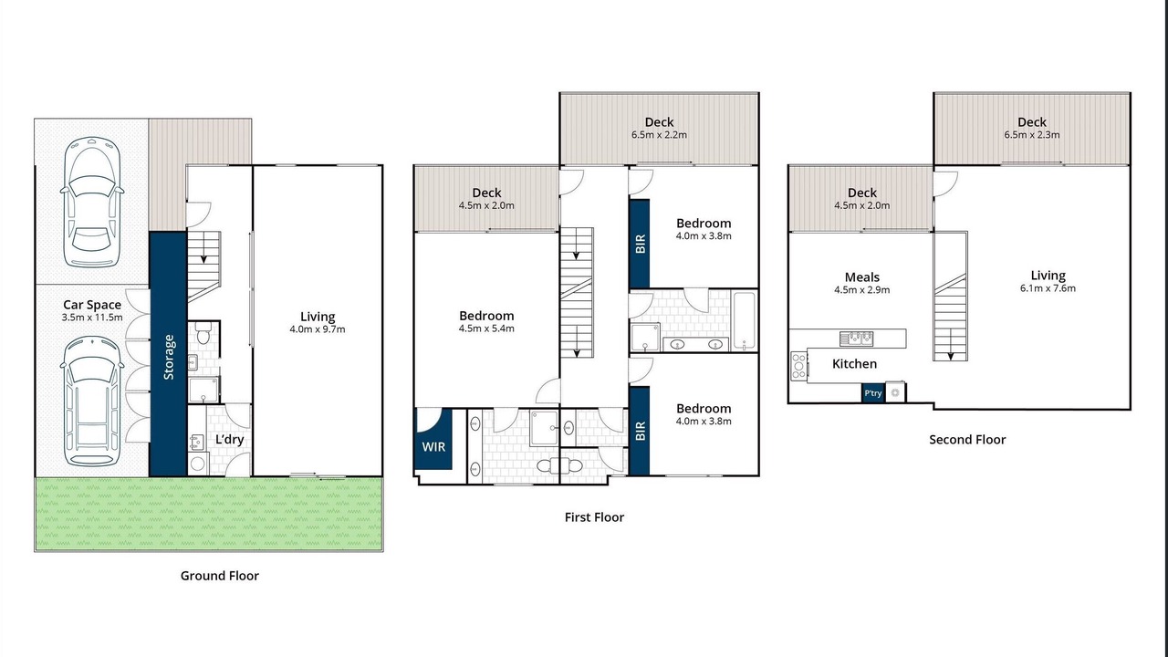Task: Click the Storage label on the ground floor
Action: [169, 357]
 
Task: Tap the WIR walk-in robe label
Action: [433, 447]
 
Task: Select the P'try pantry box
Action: [873, 393]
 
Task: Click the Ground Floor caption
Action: [220, 576]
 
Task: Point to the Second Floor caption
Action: [967, 440]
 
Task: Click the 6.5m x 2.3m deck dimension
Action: [1032, 134]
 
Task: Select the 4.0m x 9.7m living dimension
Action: [317, 329]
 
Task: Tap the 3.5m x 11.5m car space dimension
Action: [92, 317]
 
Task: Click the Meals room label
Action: [862, 276]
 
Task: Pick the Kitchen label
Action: [854, 364]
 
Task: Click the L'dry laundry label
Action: [229, 439]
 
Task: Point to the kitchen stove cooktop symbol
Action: [798, 366]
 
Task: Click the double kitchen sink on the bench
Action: [856, 339]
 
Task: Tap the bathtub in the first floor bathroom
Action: [744, 320]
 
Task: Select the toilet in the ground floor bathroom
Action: [203, 333]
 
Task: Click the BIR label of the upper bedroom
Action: [641, 244]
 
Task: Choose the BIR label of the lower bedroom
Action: [641, 431]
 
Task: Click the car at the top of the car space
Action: [92, 203]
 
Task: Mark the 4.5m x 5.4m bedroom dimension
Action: [486, 328]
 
